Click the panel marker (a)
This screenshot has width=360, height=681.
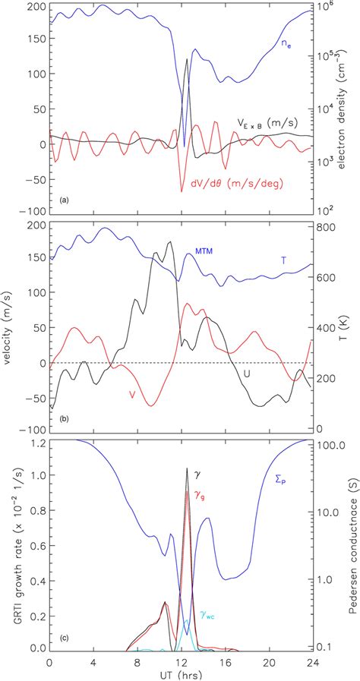63,200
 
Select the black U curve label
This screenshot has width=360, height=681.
245,373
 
